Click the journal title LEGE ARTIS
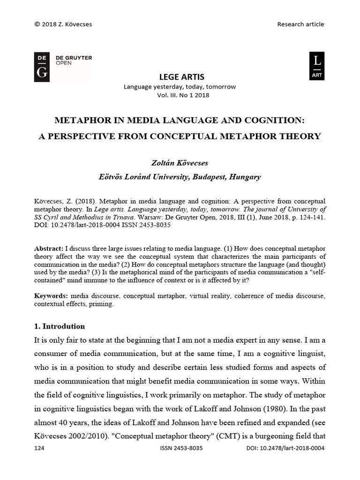click(180, 77)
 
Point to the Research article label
click(300, 24)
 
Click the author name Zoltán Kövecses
click(180, 163)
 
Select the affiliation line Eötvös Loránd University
click(180, 177)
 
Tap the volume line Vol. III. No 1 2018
click(180, 95)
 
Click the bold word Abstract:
click(49, 247)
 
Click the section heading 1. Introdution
click(60, 326)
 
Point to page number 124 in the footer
click(40, 448)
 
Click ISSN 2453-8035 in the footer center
click(181, 448)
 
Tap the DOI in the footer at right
click(285, 448)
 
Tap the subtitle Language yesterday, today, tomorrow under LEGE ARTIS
click(180, 87)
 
